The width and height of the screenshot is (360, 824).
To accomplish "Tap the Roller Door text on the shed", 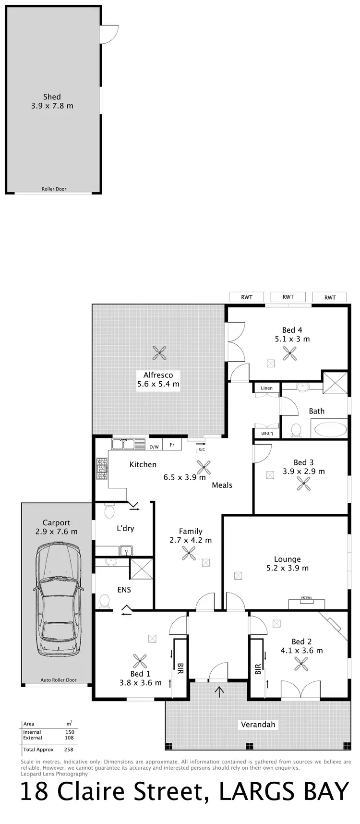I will coord(54,189).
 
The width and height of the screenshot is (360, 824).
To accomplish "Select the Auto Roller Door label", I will coord(59,680).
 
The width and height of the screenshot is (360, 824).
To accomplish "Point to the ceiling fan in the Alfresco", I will coord(159,353).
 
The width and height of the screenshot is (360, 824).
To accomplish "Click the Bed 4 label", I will coord(292,330).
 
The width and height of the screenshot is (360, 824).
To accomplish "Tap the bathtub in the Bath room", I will coord(329,428).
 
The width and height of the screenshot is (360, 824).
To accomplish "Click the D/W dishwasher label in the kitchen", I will coord(154,447).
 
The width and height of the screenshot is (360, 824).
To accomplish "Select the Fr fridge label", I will coord(172,445).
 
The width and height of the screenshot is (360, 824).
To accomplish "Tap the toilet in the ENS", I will coord(104,600).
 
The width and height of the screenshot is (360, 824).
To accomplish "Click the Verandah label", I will coord(258,724).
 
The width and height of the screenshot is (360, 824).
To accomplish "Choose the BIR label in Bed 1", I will coord(180,668).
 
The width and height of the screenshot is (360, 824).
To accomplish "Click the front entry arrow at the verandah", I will coord(219,691).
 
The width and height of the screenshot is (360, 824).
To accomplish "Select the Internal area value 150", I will coord(69,732).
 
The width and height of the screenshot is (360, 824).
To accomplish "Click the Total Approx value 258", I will coord(69,749).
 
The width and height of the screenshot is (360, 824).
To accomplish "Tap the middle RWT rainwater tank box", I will coord(288,297).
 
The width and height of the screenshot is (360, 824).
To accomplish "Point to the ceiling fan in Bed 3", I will coord(303,484).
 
